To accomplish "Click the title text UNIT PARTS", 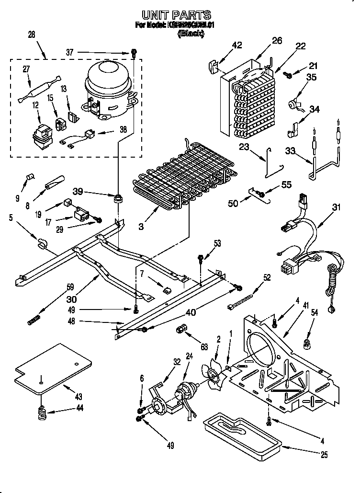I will point(178,15).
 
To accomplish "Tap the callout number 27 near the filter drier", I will point(26,69).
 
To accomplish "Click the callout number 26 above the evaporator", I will point(277,41).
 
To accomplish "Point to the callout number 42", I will point(236,46).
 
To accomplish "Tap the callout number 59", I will point(70,287).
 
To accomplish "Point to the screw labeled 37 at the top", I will point(134,54).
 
